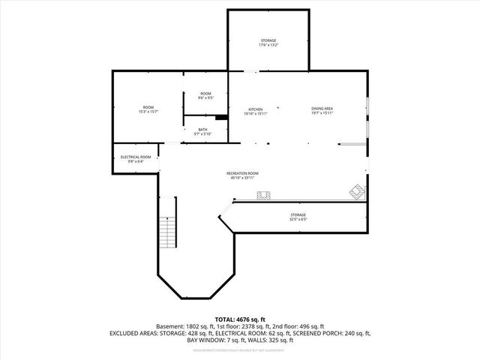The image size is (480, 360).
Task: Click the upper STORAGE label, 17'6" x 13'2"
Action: [x=268, y=42]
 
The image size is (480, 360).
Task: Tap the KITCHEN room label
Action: [x=256, y=111]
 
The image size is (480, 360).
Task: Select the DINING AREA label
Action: [x=322, y=111]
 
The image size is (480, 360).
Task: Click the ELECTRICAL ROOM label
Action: [x=136, y=158]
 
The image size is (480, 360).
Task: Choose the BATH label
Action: [x=202, y=131]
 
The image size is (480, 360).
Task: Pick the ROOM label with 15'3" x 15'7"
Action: [x=148, y=109]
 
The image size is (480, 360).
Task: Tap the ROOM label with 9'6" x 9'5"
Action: [x=205, y=95]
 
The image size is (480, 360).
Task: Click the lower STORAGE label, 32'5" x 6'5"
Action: [x=298, y=217]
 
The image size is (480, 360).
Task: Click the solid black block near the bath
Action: [x=221, y=117]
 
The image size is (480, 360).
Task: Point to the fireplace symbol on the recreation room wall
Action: [x=263, y=196]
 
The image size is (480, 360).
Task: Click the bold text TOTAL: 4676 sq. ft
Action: [x=240, y=319]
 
